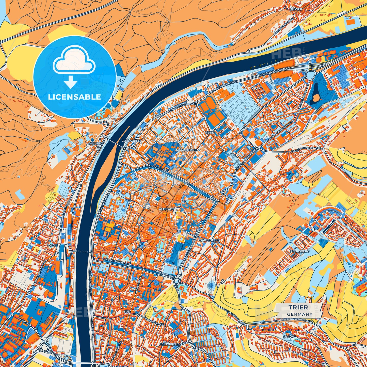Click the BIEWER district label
(x=296, y=9)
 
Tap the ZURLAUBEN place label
(x=131, y=140)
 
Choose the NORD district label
(x=210, y=133)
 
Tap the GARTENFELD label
(x=210, y=240)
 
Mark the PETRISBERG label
(x=300, y=251)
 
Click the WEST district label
(x=52, y=245)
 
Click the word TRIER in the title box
(x=298, y=307)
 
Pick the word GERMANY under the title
(x=300, y=314)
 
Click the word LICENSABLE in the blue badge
(x=74, y=97)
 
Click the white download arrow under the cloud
(x=70, y=83)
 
